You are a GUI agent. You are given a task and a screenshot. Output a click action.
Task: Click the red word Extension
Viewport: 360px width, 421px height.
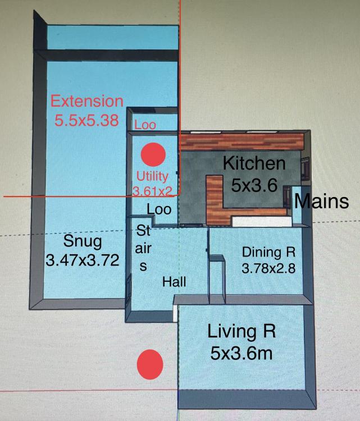[87, 101]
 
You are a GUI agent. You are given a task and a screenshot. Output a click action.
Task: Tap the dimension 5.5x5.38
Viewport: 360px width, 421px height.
[86, 120]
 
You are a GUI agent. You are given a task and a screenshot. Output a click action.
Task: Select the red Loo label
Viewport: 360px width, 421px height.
[145, 125]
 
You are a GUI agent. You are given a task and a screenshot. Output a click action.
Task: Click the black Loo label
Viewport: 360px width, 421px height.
[159, 209]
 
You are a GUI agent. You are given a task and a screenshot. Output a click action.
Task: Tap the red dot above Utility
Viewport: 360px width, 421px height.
[153, 154]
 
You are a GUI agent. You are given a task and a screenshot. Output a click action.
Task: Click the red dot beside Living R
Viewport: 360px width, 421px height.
[150, 364]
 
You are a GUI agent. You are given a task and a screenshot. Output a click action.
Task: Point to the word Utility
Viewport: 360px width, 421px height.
[152, 177]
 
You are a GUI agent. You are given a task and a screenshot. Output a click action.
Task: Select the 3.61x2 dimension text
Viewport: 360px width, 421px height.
[152, 191]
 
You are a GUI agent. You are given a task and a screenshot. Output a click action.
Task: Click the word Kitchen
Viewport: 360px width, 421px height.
[254, 163]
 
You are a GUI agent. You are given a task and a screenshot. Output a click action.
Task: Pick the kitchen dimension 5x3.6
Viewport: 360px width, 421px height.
[254, 185]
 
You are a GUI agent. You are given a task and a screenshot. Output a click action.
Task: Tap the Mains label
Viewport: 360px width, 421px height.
[322, 201]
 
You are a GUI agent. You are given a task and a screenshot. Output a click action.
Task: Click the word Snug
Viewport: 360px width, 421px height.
[83, 241]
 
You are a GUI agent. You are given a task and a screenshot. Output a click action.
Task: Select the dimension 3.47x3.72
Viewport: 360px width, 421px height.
[83, 260]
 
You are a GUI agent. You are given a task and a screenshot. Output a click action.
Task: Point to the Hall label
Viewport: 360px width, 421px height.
[174, 282]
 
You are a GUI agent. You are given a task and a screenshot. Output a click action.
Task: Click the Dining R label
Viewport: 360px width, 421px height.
[268, 252]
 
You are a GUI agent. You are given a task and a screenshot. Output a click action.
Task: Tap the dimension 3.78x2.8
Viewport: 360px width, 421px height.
[268, 268]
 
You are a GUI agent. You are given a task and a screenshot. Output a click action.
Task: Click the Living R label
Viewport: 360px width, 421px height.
[241, 331]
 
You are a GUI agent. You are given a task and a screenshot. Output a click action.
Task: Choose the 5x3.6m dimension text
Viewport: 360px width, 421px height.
[241, 353]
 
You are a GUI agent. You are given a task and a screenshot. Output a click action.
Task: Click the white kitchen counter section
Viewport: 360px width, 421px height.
[262, 222]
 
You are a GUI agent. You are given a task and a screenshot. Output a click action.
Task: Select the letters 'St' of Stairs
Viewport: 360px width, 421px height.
[143, 230]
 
